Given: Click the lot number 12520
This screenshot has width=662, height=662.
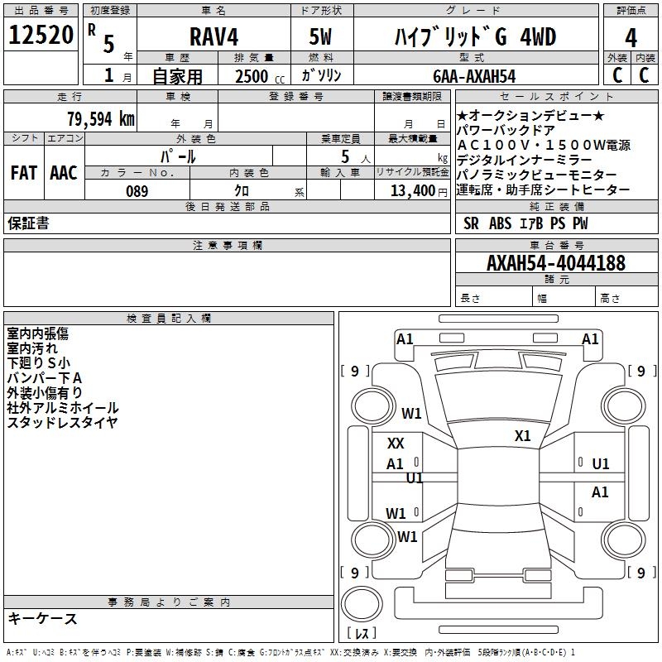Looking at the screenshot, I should pyautogui.click(x=41, y=36).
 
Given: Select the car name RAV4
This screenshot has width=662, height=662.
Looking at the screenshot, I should pyautogui.click(x=212, y=37).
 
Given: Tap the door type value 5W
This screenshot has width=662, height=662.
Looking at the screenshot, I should pyautogui.click(x=320, y=37).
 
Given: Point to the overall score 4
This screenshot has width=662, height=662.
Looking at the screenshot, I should pyautogui.click(x=631, y=37).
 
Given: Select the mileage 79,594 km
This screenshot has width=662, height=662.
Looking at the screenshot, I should pyautogui.click(x=100, y=118).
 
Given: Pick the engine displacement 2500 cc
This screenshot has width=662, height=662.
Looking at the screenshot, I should pyautogui.click(x=257, y=76).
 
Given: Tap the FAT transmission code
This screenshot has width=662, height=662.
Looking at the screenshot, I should pyautogui.click(x=23, y=173).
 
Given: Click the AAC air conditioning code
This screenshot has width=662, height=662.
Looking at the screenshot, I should pyautogui.click(x=63, y=173).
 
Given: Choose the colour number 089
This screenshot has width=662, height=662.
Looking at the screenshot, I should pyautogui.click(x=137, y=191).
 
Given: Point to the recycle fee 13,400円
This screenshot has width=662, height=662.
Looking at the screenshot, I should pyautogui.click(x=418, y=191).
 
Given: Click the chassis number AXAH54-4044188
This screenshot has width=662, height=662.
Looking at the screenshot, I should pyautogui.click(x=555, y=263).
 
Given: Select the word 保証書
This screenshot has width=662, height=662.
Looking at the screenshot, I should pyautogui.click(x=28, y=223).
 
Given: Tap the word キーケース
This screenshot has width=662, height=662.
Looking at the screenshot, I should pyautogui.click(x=43, y=618).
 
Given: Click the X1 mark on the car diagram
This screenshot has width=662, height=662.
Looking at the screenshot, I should pyautogui.click(x=522, y=436).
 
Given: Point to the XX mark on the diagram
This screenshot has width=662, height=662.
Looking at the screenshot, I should pyautogui.click(x=396, y=444).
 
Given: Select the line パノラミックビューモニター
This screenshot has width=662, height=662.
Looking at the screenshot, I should pyautogui.click(x=537, y=175).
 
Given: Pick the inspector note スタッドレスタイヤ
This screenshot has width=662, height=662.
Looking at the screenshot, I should pyautogui.click(x=62, y=423).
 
